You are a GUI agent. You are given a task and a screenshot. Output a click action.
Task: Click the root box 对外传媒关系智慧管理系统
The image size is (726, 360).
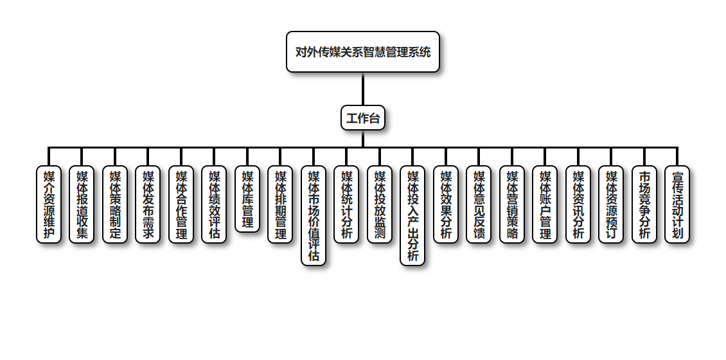pos(363,51)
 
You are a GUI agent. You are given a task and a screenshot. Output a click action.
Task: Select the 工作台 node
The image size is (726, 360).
pos(363,118)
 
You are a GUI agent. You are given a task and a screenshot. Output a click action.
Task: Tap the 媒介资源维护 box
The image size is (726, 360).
pos(49,204)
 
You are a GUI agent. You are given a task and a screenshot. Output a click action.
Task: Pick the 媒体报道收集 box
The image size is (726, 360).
pos(82,204)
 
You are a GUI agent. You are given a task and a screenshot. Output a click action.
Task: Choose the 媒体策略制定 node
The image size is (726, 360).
pos(115,204)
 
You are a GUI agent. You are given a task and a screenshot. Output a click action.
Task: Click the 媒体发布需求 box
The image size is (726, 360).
pos(148,204)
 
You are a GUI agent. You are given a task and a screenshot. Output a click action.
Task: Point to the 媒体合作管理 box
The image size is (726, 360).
pos(181,204)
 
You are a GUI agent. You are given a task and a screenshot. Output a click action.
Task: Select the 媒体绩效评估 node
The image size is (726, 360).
pos(214,204)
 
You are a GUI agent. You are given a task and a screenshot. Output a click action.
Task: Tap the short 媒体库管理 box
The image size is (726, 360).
pos(247,199)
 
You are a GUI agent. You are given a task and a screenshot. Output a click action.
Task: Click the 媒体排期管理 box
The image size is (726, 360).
pos(280,204)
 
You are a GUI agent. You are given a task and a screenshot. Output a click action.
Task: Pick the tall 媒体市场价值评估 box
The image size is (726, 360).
pos(314,215)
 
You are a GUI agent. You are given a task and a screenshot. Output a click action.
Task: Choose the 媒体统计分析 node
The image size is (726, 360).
pos(346,204)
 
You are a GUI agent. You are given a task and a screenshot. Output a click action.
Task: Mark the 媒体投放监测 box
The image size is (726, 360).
pos(380,204)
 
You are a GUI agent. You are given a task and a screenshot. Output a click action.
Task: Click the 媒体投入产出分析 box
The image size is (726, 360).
pos(412,215)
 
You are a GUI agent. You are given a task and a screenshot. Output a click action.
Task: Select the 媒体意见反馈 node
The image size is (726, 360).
pos(479,204)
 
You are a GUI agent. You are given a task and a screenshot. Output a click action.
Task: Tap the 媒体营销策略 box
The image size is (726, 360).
pos(512,204)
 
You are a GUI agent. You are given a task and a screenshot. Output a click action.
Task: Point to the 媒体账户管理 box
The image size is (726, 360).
pos(545,204)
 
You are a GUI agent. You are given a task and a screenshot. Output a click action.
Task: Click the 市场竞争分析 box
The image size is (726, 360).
pos(644,204)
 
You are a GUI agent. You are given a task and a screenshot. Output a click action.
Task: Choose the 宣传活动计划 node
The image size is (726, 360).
pos(677,204)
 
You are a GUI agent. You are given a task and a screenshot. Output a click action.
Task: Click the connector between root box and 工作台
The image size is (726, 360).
pos(363,89)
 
